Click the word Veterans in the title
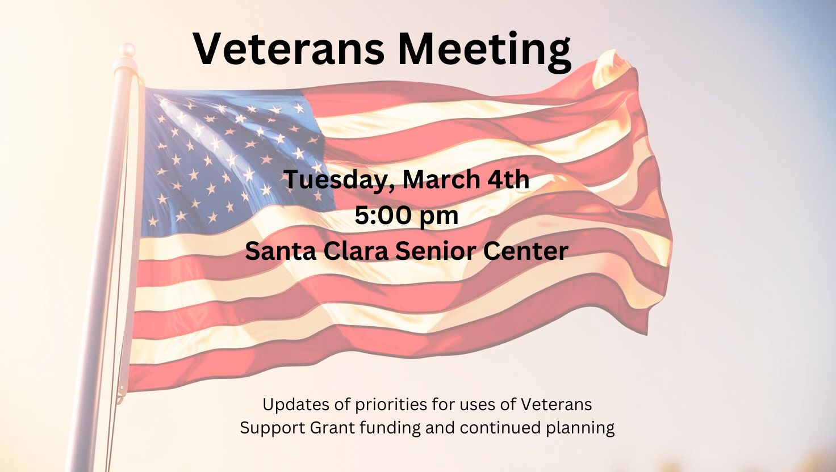289,49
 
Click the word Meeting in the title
484,52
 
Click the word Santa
281,251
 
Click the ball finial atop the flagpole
129,50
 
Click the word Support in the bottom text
272,428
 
